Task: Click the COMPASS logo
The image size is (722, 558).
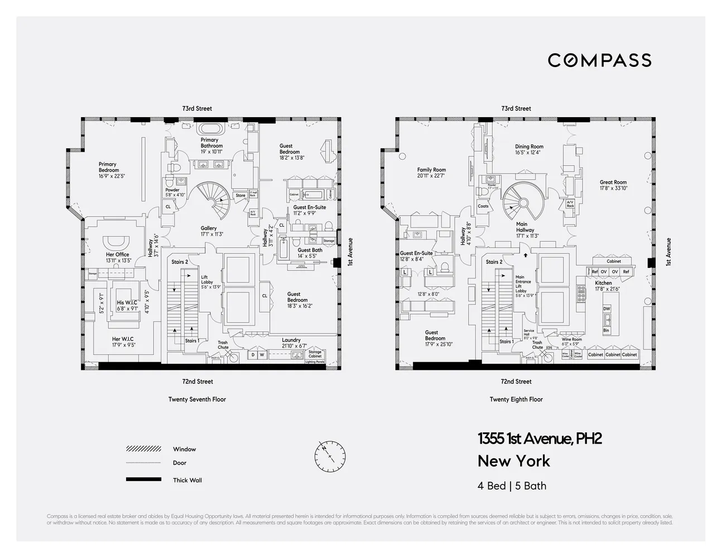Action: (x=599, y=60)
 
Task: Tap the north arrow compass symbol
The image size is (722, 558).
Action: (x=330, y=456)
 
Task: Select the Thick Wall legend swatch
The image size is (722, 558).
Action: (x=143, y=479)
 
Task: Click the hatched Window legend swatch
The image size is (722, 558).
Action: (x=143, y=449)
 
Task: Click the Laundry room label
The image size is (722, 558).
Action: (x=291, y=340)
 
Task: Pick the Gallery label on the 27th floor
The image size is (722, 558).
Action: (x=209, y=228)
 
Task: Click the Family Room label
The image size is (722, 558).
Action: (x=431, y=170)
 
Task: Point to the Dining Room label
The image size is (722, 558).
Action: (x=529, y=147)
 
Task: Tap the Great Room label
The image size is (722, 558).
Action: (x=613, y=182)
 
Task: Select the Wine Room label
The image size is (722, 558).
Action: (x=571, y=339)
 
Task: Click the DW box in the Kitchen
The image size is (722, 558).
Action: (x=607, y=309)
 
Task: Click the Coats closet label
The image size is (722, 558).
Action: (x=483, y=206)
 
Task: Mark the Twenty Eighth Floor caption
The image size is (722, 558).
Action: (x=516, y=399)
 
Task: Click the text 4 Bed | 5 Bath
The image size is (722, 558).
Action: (x=512, y=485)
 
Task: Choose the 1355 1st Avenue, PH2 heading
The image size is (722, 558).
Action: (x=540, y=439)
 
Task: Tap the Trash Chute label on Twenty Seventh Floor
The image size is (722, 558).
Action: (x=223, y=345)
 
